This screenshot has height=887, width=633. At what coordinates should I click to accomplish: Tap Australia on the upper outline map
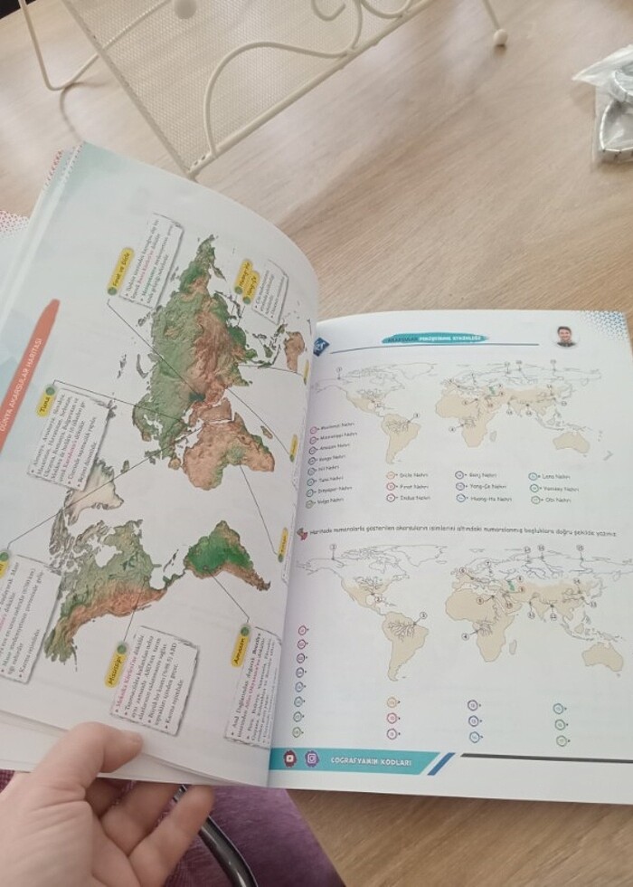pos(572,441)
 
